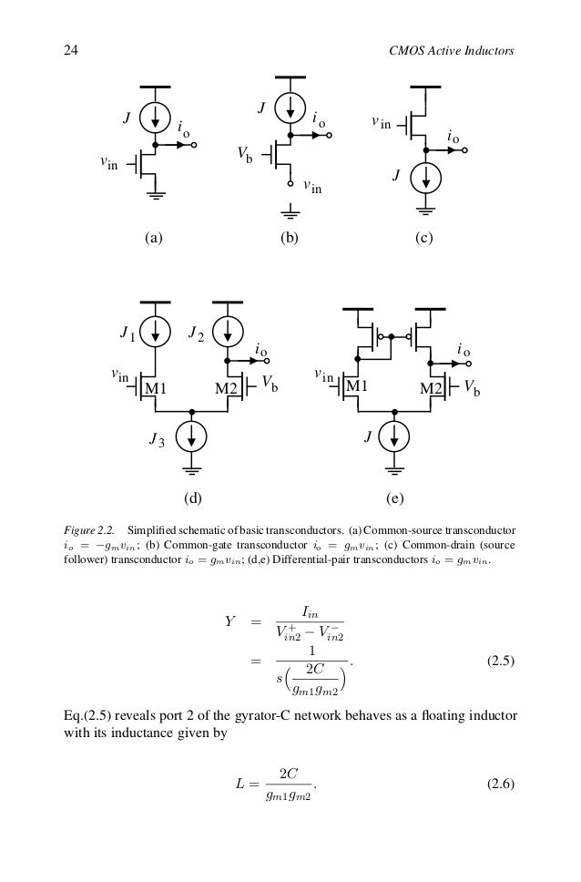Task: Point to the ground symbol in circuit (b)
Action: (290, 215)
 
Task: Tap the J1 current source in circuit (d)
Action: (156, 333)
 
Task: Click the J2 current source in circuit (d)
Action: (227, 333)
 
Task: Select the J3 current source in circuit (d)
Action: (191, 436)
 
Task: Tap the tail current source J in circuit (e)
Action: (395, 436)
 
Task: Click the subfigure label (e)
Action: (394, 499)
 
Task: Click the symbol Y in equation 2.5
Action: (230, 622)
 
